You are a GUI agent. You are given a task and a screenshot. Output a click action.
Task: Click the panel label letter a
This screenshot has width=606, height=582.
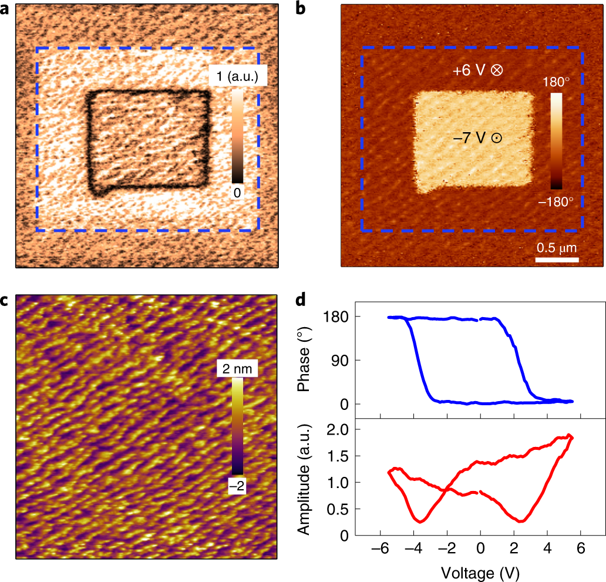click(7, 9)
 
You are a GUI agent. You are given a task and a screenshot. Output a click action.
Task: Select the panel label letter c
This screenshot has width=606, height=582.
click(6, 301)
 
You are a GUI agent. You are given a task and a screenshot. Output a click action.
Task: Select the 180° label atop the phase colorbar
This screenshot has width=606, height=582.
click(560, 83)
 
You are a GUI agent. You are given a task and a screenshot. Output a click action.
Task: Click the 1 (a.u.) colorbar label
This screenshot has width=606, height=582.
click(238, 76)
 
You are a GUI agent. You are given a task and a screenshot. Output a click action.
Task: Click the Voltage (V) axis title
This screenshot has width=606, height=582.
click(480, 570)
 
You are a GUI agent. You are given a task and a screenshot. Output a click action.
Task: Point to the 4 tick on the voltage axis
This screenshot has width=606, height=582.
click(547, 550)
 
